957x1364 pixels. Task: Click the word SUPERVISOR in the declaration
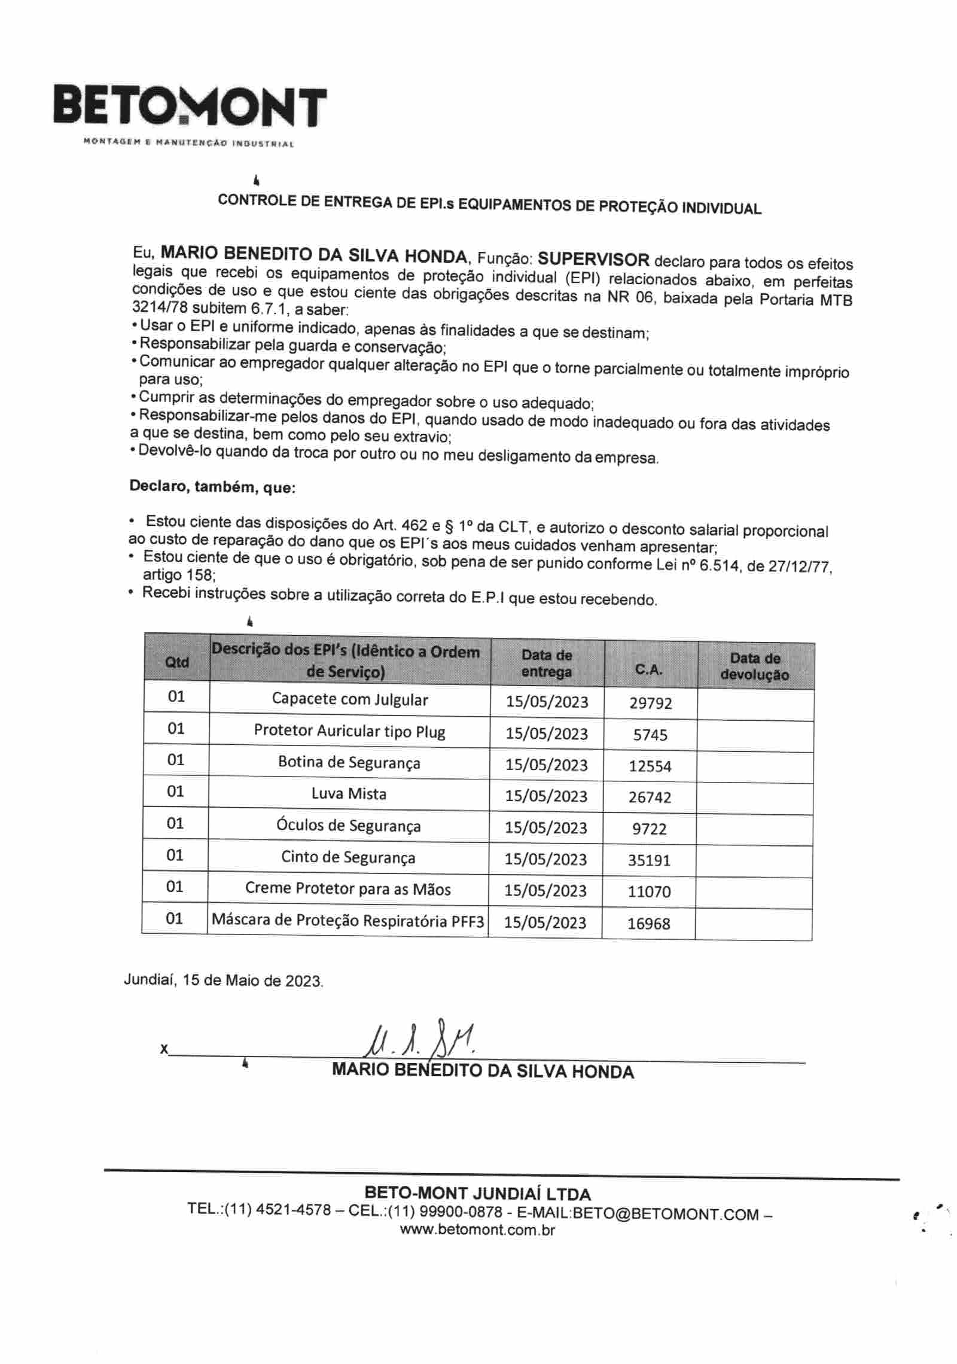click(593, 260)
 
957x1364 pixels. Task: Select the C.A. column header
click(650, 669)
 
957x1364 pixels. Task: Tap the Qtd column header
click(176, 662)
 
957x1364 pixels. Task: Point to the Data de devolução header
click(755, 666)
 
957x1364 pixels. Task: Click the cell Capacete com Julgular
click(350, 699)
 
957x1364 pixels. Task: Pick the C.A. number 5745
click(650, 735)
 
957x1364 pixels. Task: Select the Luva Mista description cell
click(349, 794)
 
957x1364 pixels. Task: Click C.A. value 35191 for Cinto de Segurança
click(649, 860)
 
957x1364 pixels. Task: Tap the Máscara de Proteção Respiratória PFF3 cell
click(348, 920)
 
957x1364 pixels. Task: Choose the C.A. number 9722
click(649, 829)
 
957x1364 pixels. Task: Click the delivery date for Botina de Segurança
click(546, 765)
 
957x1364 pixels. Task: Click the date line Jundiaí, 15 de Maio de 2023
click(223, 981)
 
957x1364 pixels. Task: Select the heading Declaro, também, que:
click(212, 487)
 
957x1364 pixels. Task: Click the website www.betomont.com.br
click(477, 1230)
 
